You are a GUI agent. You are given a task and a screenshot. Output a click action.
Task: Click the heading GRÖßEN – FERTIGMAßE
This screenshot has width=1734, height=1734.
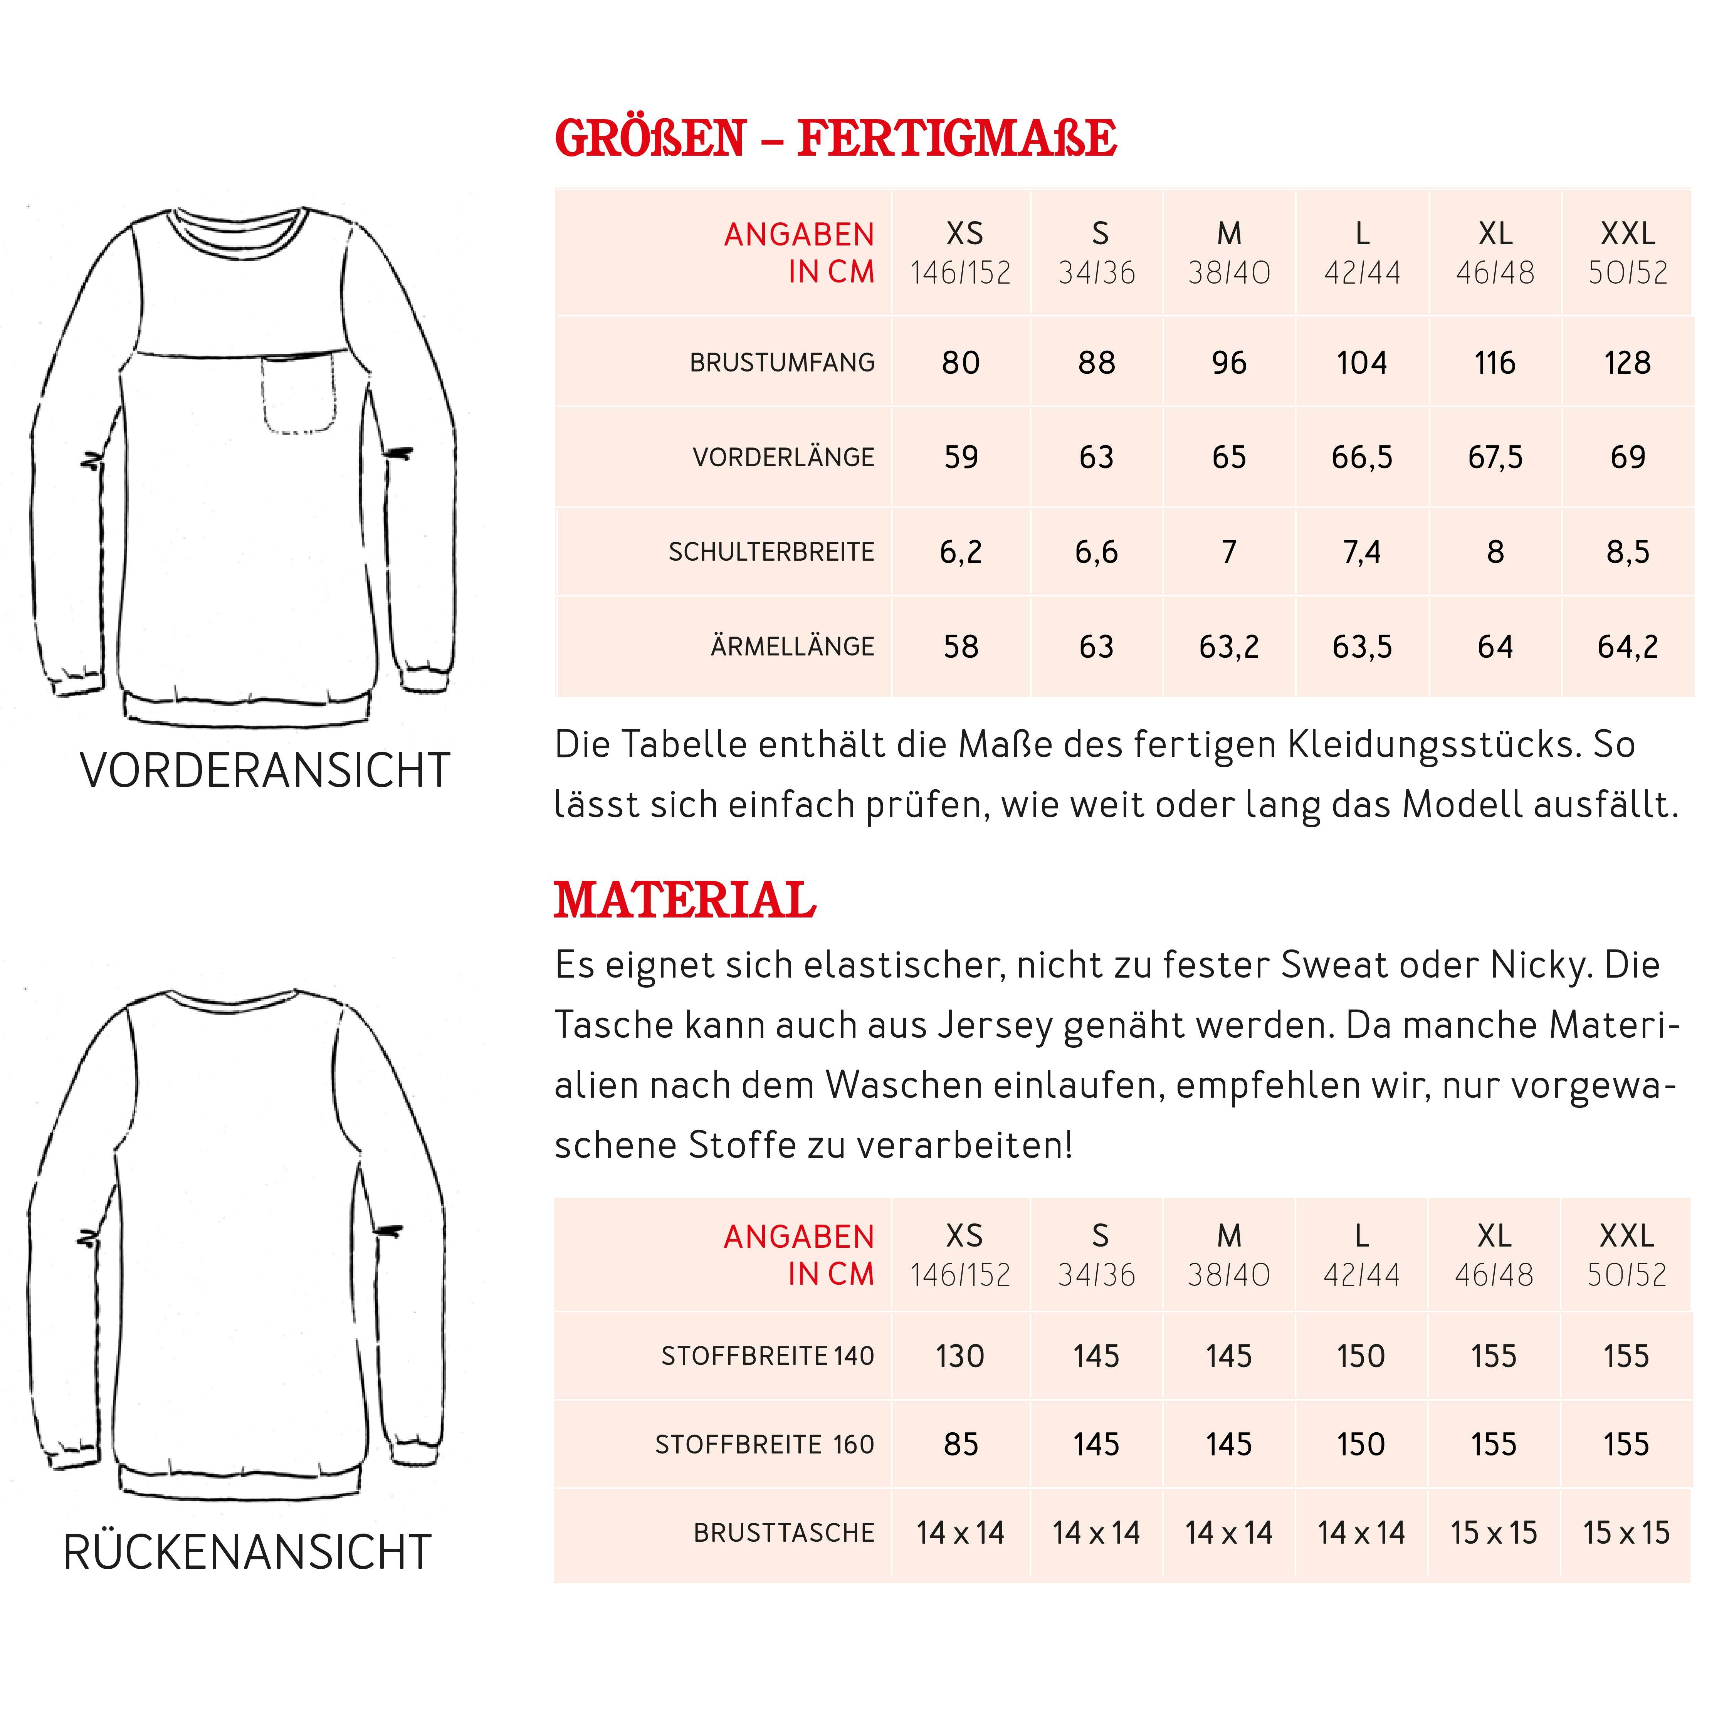pyautogui.click(x=835, y=139)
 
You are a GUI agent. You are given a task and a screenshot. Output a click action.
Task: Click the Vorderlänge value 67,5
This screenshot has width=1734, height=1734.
pyautogui.click(x=1494, y=457)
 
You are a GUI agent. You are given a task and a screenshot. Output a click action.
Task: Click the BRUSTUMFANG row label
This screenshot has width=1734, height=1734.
pyautogui.click(x=782, y=363)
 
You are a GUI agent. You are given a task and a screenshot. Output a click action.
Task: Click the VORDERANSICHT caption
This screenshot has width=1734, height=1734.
pyautogui.click(x=265, y=770)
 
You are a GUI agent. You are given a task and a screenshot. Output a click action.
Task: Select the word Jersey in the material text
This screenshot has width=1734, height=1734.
pyautogui.click(x=995, y=1025)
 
